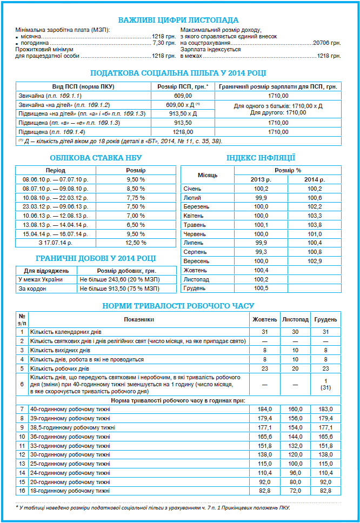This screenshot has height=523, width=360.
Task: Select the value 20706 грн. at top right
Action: click(327, 42)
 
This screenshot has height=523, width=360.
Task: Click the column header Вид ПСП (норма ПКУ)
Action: click(83, 86)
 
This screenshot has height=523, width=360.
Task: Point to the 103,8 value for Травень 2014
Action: click(314, 225)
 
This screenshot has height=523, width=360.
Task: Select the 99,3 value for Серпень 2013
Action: click(261, 252)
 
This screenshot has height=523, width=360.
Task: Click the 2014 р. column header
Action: click(314, 179)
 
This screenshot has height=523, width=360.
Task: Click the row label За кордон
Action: click(32, 289)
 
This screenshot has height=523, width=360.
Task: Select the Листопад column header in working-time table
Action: click(295, 320)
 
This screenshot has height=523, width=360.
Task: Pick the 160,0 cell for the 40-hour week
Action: click(295, 409)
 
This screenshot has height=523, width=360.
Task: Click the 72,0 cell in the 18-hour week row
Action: click(295, 491)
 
